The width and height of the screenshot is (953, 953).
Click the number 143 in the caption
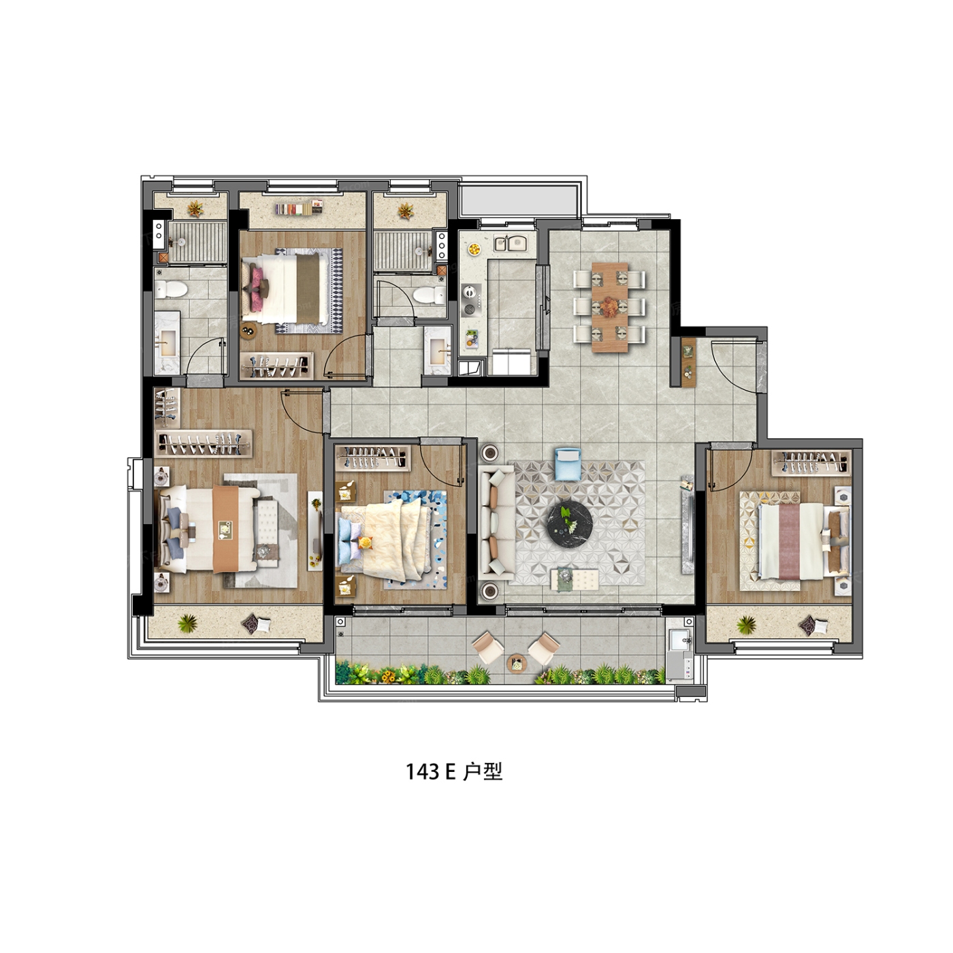point(423,772)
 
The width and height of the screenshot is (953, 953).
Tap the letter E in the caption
point(449,772)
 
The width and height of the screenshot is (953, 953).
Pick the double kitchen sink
point(511,243)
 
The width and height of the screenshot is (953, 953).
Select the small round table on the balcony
point(517,662)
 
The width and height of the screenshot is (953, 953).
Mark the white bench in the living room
point(575,578)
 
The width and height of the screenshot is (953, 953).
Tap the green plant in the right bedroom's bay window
point(746,624)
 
